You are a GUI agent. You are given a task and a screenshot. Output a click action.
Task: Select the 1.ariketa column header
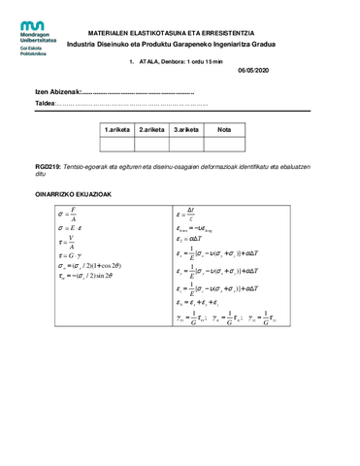click(119, 128)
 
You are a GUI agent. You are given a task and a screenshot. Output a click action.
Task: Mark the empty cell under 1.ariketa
click(119, 144)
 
